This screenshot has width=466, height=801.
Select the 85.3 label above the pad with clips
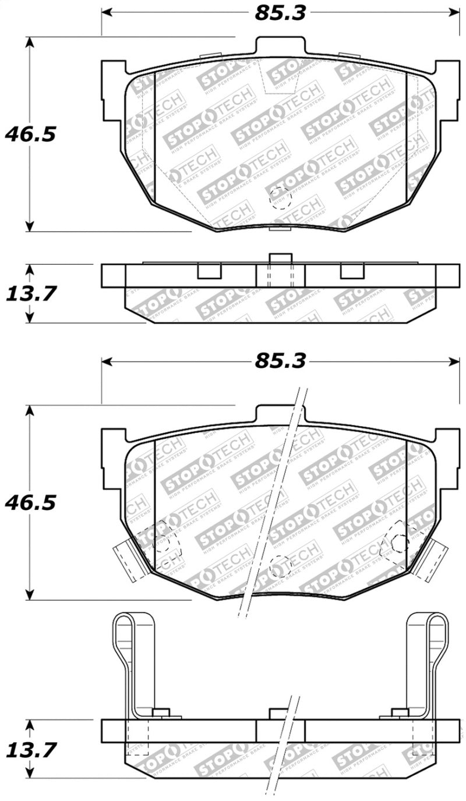[280, 361]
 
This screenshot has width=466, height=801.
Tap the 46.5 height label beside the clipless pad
[30, 134]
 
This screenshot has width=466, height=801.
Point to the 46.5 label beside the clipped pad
[30, 502]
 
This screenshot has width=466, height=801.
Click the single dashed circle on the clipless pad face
[280, 199]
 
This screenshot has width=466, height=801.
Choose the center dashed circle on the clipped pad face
[280, 566]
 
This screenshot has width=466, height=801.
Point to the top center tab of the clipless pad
[280, 47]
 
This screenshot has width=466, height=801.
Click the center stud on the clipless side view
[280, 269]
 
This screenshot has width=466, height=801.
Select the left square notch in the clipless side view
[209, 271]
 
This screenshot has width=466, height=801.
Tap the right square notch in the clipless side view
[352, 271]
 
